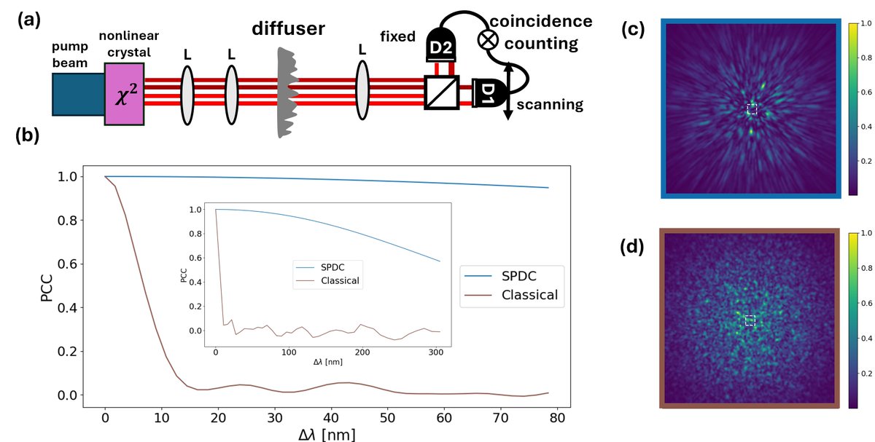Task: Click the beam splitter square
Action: [x=441, y=93]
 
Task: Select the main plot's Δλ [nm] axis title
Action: [x=326, y=434]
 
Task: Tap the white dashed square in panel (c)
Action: [x=752, y=109]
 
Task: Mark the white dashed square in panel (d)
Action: [x=750, y=320]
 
